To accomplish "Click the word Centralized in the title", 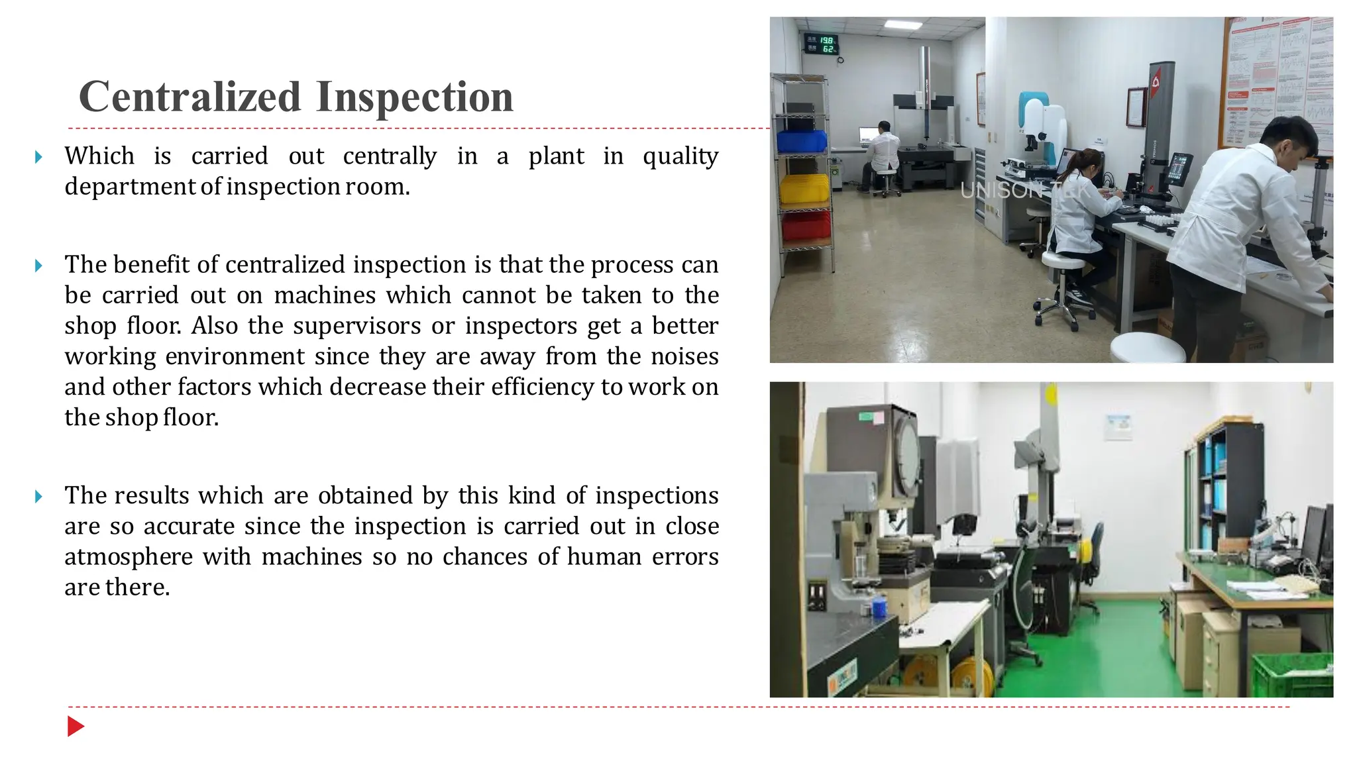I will tap(190, 97).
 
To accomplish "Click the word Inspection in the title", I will tap(414, 97).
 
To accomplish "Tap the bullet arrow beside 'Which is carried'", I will tap(38, 157).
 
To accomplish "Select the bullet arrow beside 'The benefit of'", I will tap(38, 266).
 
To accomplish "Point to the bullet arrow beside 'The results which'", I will tap(38, 496).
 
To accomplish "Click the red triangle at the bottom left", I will tap(75, 727).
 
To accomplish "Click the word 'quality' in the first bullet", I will tap(680, 156).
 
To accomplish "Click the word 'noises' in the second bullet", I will tap(684, 356).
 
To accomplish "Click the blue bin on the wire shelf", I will tap(802, 141).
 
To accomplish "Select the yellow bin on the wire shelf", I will tap(804, 189).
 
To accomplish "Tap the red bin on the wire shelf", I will tap(806, 227).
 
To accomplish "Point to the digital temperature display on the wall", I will tap(822, 44).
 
